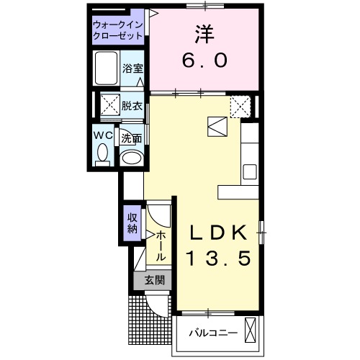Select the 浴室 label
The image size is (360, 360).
132,69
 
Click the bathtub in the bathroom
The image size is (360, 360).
107,68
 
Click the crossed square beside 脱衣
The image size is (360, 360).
109,105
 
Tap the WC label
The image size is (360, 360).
102,135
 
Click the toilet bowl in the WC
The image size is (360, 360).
102,153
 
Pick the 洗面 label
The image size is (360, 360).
132,138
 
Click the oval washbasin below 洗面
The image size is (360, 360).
132,158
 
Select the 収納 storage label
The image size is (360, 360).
132,223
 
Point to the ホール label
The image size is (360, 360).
161,246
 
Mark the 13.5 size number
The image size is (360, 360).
219,258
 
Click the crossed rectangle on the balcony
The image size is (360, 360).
251,330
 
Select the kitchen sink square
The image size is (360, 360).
249,172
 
